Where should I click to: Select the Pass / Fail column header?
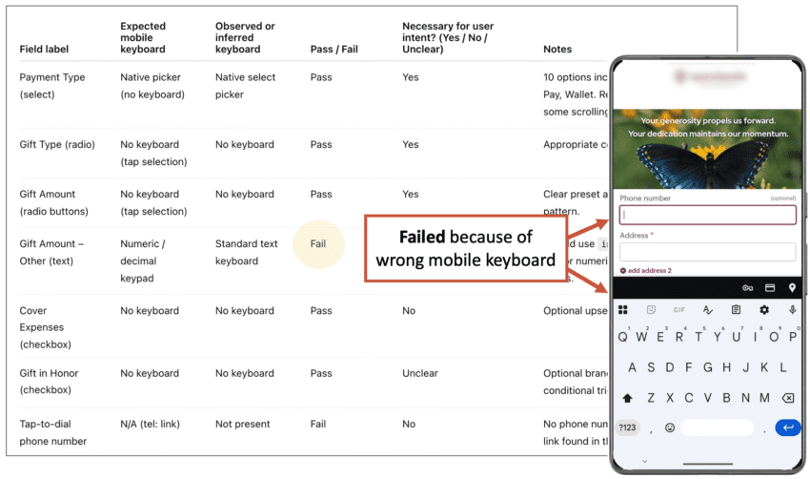click(334, 49)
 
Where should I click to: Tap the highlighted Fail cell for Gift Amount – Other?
click(318, 243)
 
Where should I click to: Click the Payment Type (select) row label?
click(51, 86)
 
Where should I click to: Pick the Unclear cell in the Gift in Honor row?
click(420, 373)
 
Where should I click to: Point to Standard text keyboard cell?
click(247, 252)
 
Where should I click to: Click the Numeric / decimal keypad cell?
click(142, 260)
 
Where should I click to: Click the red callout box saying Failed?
click(466, 248)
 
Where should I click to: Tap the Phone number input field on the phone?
click(707, 215)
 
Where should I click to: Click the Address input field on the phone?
click(707, 252)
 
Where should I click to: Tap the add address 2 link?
click(647, 271)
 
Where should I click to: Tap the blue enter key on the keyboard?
click(787, 427)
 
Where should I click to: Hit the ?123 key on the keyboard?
click(628, 427)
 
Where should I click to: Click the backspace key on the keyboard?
click(787, 398)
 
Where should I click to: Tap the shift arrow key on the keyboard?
click(627, 398)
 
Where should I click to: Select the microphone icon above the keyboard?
click(792, 310)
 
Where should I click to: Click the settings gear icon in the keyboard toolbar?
click(763, 310)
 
